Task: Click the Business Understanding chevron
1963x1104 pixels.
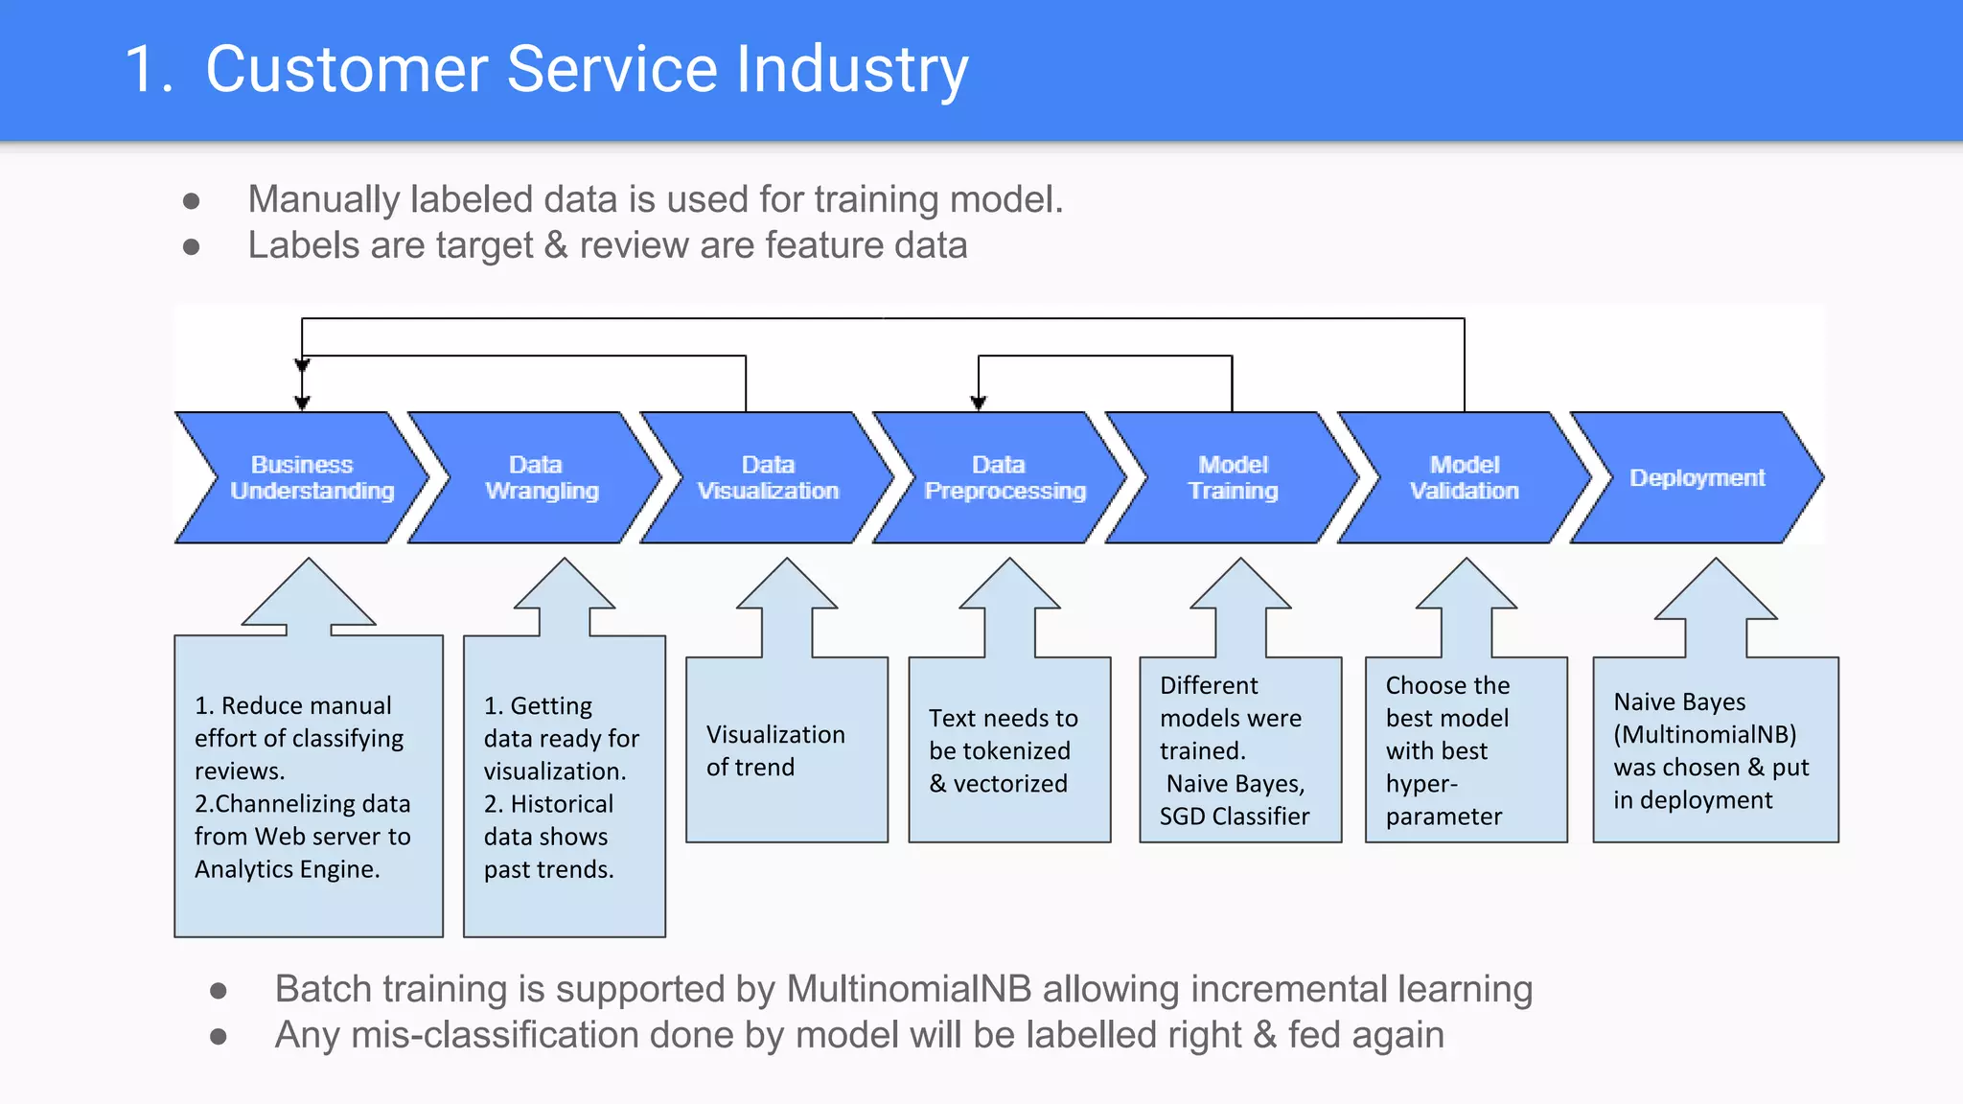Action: click(302, 477)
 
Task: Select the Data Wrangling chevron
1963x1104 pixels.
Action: click(537, 477)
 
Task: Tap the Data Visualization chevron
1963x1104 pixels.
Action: click(768, 477)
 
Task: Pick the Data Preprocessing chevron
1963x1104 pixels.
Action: click(1002, 477)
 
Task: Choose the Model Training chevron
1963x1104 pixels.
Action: click(1234, 477)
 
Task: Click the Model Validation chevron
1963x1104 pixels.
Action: click(1465, 477)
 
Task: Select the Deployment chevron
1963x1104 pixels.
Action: click(1697, 477)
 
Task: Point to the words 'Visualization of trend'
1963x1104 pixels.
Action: click(774, 750)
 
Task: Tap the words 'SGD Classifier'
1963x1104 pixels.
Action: click(1234, 816)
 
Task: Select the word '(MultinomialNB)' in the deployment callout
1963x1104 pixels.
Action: click(1704, 735)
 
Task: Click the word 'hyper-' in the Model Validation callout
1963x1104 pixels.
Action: click(1421, 784)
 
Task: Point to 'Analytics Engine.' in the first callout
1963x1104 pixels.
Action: click(287, 869)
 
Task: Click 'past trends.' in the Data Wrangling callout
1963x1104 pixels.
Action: click(548, 869)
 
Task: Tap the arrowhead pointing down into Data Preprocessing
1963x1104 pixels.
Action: click(978, 403)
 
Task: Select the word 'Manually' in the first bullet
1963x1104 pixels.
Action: click(323, 200)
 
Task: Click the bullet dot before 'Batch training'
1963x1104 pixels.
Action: click(219, 991)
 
